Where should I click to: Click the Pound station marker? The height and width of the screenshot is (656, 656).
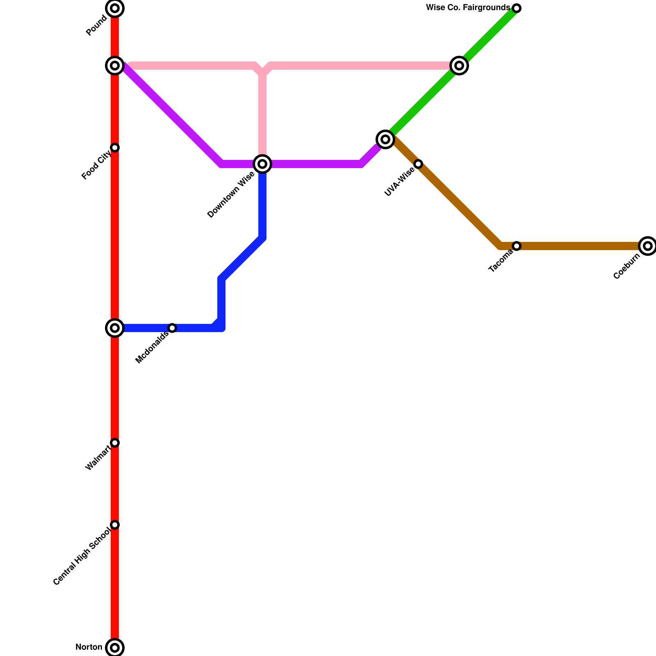(115, 8)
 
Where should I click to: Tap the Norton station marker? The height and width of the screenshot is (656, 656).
(115, 648)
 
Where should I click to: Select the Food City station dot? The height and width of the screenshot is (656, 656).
(115, 148)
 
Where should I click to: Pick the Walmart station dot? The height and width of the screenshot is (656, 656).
(115, 443)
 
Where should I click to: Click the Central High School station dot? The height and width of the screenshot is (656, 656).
(115, 525)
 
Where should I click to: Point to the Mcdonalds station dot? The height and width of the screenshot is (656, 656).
(172, 328)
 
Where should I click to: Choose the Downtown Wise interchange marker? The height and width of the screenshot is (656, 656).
(262, 164)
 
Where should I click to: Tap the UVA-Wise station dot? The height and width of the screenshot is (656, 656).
(418, 164)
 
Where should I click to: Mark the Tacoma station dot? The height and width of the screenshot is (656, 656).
(517, 246)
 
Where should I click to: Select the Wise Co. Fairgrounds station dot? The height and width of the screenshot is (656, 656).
(517, 8)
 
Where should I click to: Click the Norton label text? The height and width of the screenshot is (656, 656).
(89, 648)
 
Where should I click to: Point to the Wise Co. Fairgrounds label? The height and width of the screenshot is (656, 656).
(468, 8)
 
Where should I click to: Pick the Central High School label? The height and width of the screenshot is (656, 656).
(82, 557)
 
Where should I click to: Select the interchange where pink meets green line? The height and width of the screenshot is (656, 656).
(459, 66)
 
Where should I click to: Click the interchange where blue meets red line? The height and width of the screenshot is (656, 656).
(115, 328)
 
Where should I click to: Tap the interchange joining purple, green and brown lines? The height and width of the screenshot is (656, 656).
(385, 139)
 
